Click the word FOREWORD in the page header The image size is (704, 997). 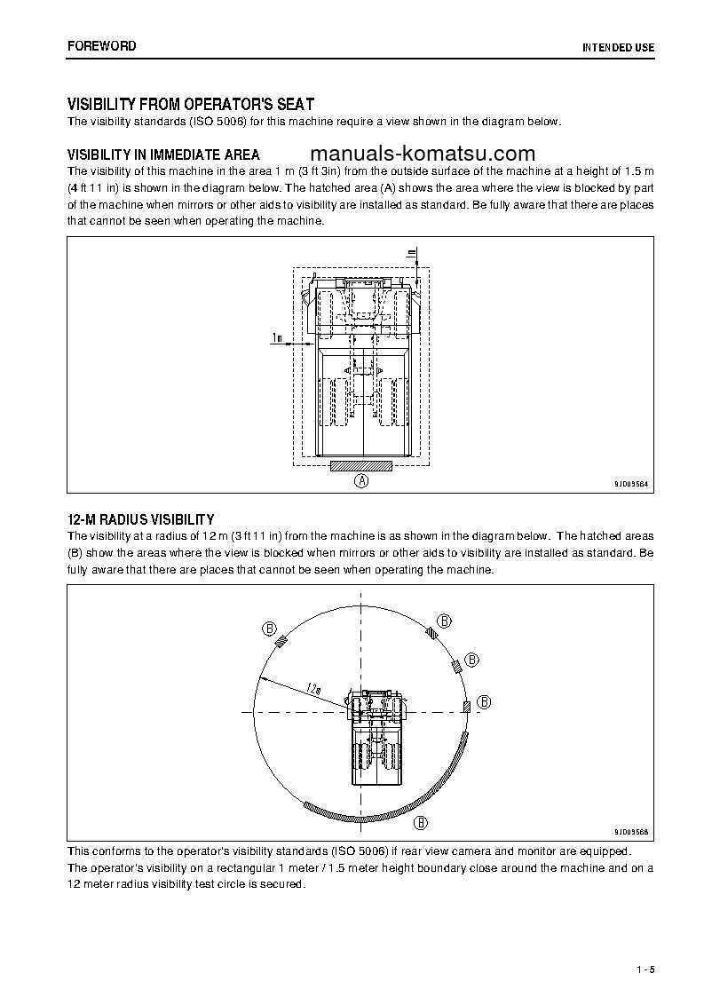click(102, 46)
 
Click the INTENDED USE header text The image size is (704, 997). click(618, 47)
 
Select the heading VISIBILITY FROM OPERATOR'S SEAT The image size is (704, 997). click(190, 104)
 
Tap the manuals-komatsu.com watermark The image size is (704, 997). click(423, 153)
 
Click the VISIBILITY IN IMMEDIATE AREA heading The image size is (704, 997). click(163, 154)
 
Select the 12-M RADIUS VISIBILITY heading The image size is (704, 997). click(140, 519)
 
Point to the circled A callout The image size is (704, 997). click(361, 481)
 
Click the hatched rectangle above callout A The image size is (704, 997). click(361, 465)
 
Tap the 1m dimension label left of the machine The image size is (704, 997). click(277, 337)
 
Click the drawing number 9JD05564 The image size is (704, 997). click(630, 484)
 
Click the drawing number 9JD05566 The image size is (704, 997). click(630, 832)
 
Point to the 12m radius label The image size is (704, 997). click(312, 687)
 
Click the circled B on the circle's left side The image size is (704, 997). click(268, 628)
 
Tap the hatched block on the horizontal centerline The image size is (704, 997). click(466, 706)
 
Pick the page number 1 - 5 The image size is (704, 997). click(645, 969)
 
